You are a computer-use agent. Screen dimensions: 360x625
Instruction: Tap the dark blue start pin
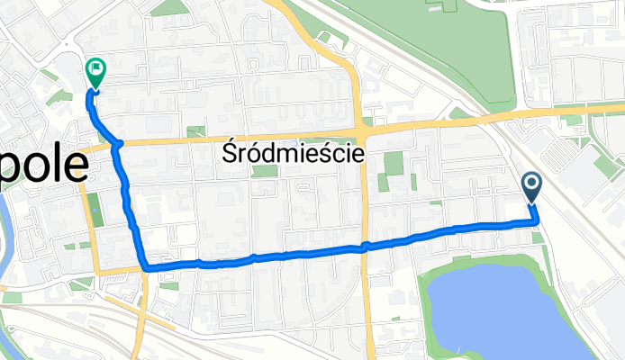pyautogui.click(x=531, y=187)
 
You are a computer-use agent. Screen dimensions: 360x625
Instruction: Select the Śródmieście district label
pyautogui.click(x=292, y=154)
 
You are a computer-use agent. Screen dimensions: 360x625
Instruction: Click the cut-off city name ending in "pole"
pyautogui.click(x=45, y=166)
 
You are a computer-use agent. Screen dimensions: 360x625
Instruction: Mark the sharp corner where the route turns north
pyautogui.click(x=144, y=266)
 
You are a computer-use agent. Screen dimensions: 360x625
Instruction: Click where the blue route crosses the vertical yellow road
pyautogui.click(x=365, y=247)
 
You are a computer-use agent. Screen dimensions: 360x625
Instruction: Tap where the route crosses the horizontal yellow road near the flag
pyautogui.click(x=117, y=144)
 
